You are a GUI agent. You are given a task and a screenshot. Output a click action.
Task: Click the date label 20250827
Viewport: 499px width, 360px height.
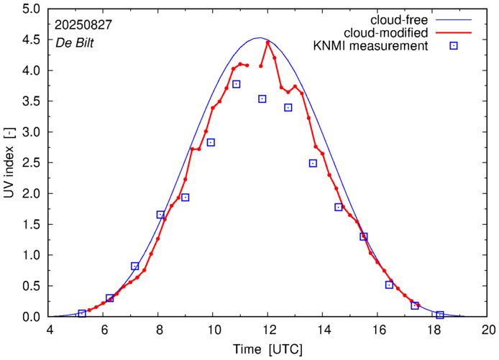tap(83, 24)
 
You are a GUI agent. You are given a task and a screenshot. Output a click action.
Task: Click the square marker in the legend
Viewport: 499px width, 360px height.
tap(454, 47)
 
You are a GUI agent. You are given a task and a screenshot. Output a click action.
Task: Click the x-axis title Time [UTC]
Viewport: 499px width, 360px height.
tap(268, 349)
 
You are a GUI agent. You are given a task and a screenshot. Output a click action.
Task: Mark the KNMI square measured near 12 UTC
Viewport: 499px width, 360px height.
tap(262, 99)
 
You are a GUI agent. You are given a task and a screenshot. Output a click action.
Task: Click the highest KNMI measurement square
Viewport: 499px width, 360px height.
tap(236, 84)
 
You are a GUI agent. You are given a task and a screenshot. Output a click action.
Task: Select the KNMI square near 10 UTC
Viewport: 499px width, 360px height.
tap(211, 142)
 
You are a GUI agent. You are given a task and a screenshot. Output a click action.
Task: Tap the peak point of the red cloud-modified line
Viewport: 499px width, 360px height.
tap(267, 42)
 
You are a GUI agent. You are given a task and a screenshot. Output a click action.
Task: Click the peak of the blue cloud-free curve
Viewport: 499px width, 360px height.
tap(260, 38)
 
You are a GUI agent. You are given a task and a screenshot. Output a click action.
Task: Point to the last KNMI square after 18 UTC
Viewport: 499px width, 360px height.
tap(440, 315)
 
